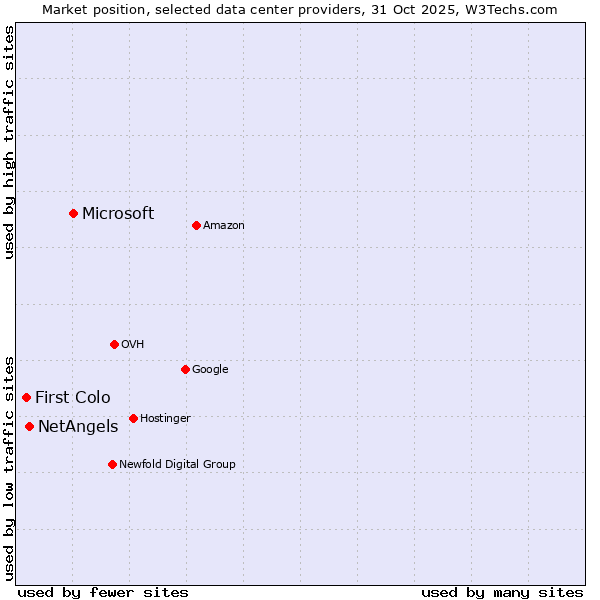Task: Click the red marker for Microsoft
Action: (x=73, y=213)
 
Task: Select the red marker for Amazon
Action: (x=196, y=225)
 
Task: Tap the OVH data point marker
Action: (x=114, y=344)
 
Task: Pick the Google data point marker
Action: (x=185, y=369)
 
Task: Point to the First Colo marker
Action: (x=26, y=397)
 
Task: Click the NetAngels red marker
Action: (x=29, y=426)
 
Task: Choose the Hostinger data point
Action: (x=133, y=418)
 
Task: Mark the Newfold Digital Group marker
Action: (x=112, y=464)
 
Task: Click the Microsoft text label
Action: (x=118, y=213)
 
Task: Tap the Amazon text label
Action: (x=224, y=226)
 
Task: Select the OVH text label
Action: (x=133, y=345)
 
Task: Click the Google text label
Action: (x=210, y=370)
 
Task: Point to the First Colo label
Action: (x=73, y=398)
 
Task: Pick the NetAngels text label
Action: (x=78, y=427)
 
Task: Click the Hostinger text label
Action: (x=165, y=419)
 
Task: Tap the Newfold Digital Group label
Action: (x=177, y=465)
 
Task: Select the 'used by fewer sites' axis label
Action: (x=103, y=592)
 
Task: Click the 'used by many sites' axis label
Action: (x=502, y=592)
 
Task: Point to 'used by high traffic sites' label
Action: (x=9, y=142)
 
